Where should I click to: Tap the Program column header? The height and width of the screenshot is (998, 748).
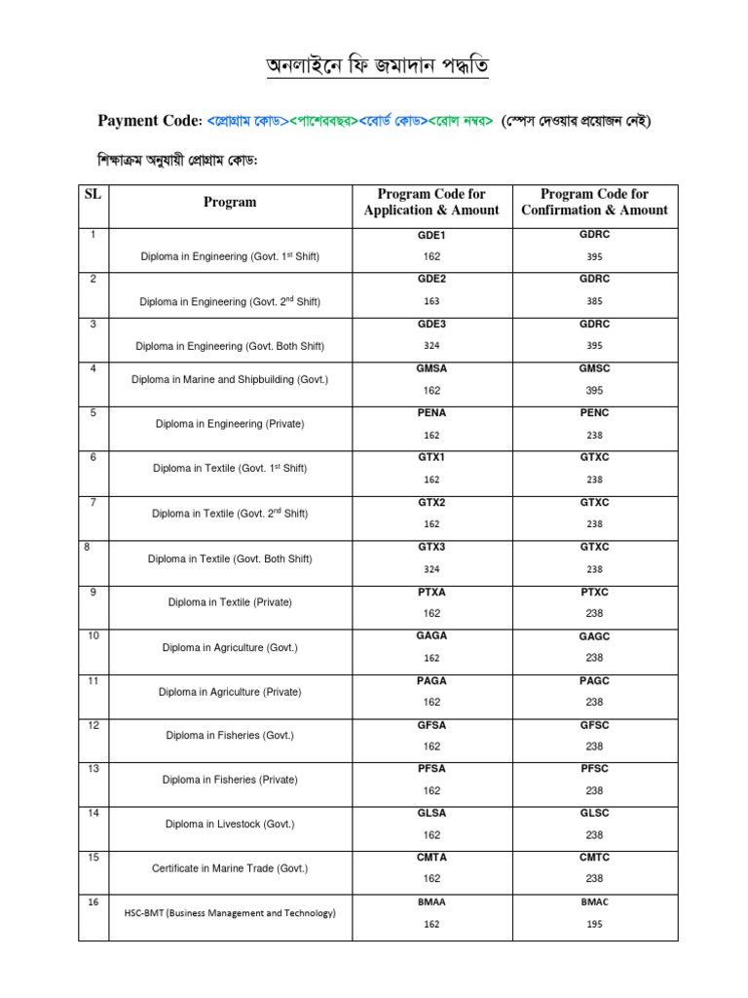click(x=230, y=202)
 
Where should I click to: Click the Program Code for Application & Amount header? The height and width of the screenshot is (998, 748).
click(x=431, y=202)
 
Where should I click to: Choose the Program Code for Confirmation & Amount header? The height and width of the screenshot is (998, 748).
click(x=594, y=202)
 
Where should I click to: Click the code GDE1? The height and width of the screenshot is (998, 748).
click(x=431, y=236)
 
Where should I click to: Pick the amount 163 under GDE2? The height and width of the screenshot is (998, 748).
click(x=431, y=301)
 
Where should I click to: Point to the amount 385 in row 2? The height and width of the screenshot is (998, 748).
click(x=594, y=301)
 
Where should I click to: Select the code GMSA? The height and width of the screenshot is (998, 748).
click(x=431, y=368)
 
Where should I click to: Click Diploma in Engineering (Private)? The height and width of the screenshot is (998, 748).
click(x=230, y=424)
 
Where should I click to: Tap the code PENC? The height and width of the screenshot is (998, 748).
click(x=594, y=413)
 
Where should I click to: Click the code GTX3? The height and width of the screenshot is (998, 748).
click(x=431, y=547)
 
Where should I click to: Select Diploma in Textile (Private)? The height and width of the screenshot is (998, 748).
click(x=230, y=602)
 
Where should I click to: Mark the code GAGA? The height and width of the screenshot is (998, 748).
click(x=431, y=635)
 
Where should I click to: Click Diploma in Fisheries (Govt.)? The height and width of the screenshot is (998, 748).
click(x=230, y=735)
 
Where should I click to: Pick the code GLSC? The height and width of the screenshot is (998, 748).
click(x=594, y=813)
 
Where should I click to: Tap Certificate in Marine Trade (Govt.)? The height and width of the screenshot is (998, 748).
click(x=230, y=867)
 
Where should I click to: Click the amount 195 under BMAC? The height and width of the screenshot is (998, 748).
click(x=594, y=924)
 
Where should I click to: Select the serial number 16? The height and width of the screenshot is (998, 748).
click(x=93, y=902)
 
